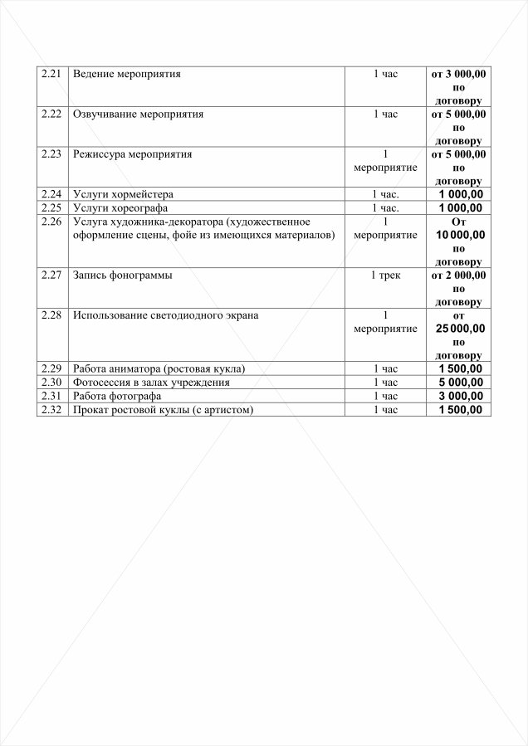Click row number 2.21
tap(51, 74)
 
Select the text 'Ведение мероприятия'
tap(127, 74)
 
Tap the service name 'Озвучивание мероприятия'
tap(138, 114)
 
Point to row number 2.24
tap(51, 194)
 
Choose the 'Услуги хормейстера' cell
tap(123, 194)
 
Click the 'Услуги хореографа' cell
tap(120, 207)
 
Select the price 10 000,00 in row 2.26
tap(459, 235)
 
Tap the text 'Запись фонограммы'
tap(123, 275)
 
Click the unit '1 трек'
tap(385, 275)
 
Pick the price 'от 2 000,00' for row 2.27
tap(459, 275)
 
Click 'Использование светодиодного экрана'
tap(165, 314)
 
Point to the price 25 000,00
tap(459, 329)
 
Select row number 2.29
tap(51, 368)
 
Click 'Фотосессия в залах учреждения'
tap(151, 383)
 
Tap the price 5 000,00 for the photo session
tap(459, 383)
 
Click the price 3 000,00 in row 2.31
tap(459, 396)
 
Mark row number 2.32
tap(51, 410)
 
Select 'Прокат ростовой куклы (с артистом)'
tap(163, 410)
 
